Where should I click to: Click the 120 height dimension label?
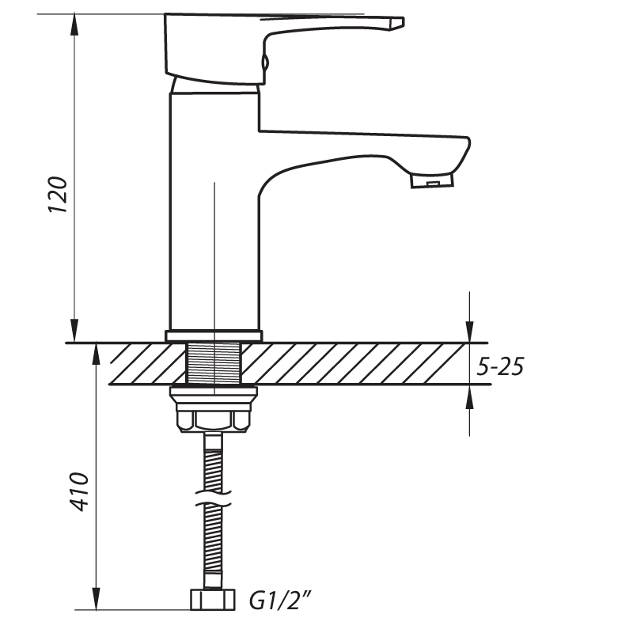58,195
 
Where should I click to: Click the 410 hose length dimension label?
78,491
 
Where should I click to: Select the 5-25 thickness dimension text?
500,366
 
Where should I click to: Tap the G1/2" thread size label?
280,601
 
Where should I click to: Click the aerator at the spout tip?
432,180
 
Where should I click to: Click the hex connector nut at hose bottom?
212,600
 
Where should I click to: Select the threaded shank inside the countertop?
214,363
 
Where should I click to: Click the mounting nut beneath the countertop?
214,409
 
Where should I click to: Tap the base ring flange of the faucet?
214,335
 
